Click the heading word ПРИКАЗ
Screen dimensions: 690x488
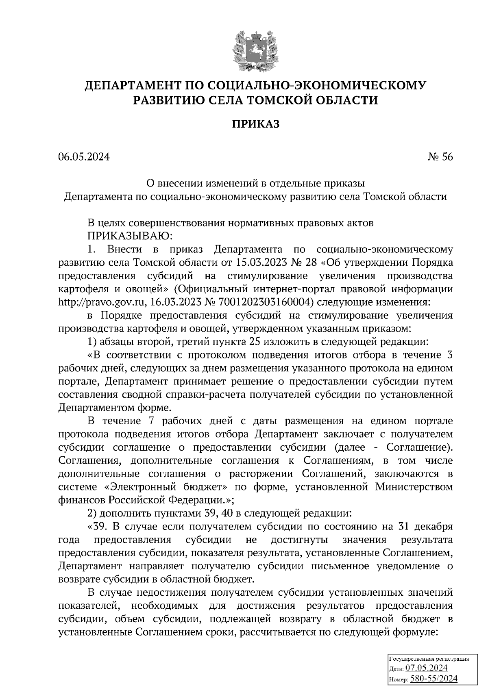click(x=256, y=124)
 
